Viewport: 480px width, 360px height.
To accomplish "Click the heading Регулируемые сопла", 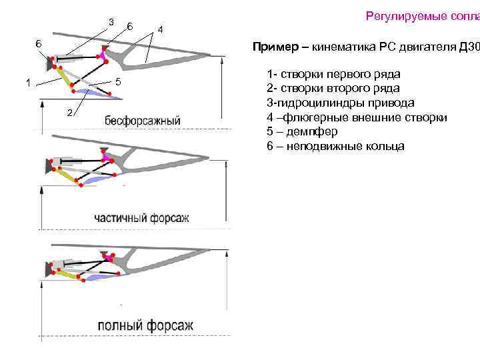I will click(422, 16).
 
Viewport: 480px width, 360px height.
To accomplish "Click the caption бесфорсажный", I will click(143, 121).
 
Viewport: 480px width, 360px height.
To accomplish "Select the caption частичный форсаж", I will click(142, 218).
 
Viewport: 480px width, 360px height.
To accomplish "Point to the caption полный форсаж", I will click(145, 326).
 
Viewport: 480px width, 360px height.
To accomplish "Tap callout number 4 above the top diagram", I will click(159, 30).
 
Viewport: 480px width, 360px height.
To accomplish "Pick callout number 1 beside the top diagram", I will click(27, 83).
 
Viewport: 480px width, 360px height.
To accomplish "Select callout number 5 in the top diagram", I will click(117, 81).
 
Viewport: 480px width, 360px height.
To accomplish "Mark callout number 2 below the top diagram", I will click(69, 111).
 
